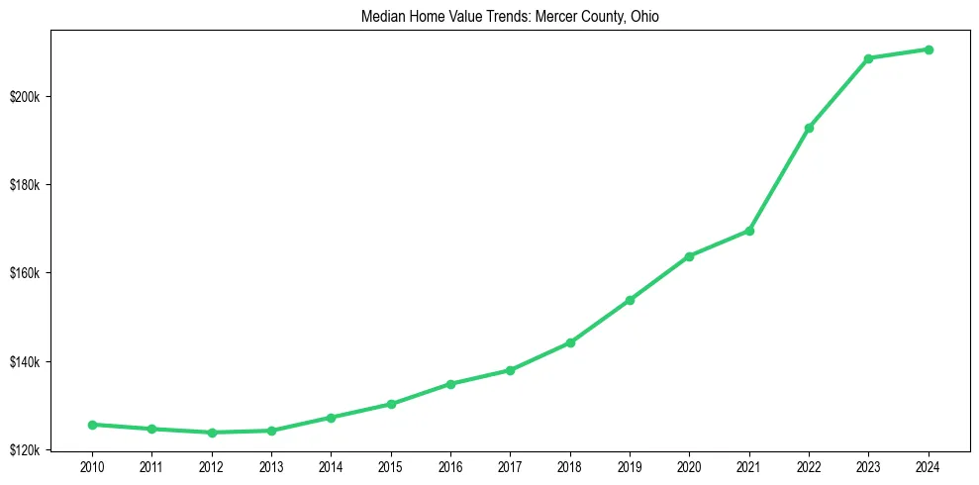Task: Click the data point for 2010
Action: (x=92, y=425)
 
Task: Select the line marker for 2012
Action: (x=212, y=433)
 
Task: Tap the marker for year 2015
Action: (x=391, y=404)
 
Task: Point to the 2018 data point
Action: (x=570, y=342)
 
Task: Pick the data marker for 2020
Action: (x=689, y=256)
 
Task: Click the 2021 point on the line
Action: (x=749, y=231)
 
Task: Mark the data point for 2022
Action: (x=809, y=128)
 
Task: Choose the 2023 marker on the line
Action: (x=868, y=58)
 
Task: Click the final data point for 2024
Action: (x=929, y=49)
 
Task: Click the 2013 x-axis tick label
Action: (x=271, y=466)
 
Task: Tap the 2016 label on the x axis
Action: (x=450, y=466)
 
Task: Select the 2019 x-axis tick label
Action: (x=630, y=466)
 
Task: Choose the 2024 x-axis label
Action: (x=929, y=466)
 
